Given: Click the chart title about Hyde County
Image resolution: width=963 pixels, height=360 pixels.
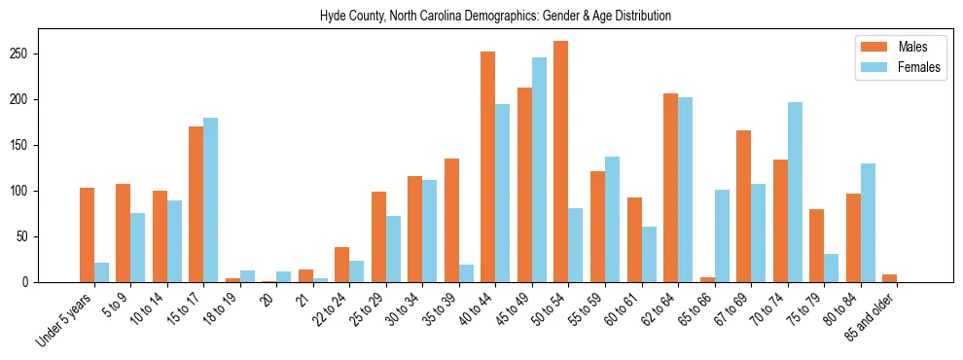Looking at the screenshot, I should [495, 17].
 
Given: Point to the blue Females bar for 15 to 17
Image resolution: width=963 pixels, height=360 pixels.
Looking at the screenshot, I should [210, 200].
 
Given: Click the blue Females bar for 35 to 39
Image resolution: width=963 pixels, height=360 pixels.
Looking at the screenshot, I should [466, 273].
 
